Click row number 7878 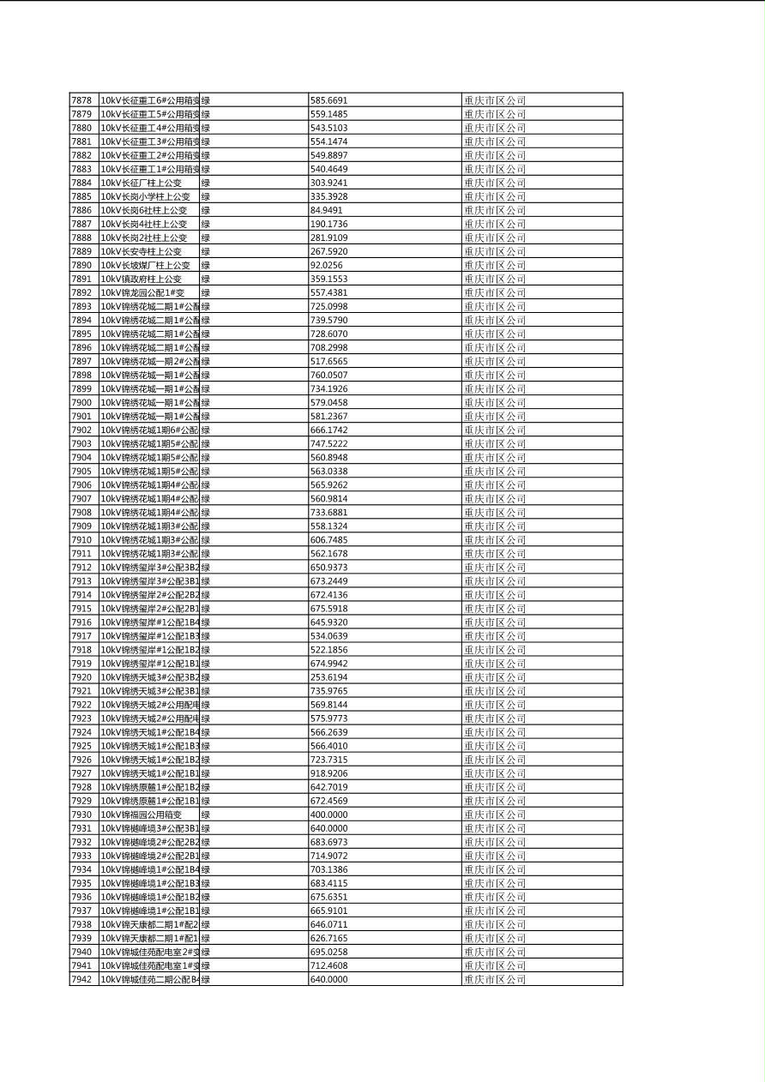(81, 100)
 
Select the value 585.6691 (328, 100)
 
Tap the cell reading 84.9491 (326, 210)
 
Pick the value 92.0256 (326, 265)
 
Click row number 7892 (81, 292)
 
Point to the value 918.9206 (328, 773)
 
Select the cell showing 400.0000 (328, 815)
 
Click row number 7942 (81, 979)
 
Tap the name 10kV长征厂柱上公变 (141, 183)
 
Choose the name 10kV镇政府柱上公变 (141, 279)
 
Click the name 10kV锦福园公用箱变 (141, 815)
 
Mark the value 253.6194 (328, 677)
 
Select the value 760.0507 (328, 375)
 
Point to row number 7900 (81, 402)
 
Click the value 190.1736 (328, 224)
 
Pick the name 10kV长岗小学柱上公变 (145, 196)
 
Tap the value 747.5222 (328, 443)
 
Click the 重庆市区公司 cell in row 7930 (494, 815)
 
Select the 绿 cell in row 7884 (206, 183)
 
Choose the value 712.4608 (328, 965)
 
